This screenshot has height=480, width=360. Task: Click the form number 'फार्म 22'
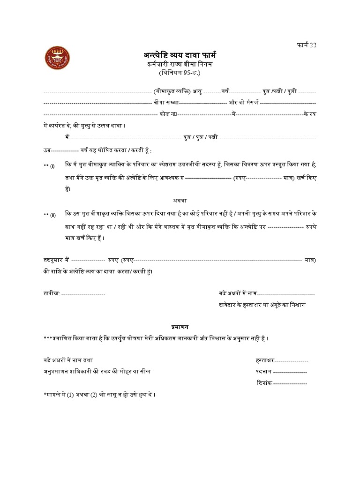pyautogui.click(x=304, y=45)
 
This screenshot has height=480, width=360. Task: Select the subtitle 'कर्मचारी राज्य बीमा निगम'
pyautogui.click(x=180, y=64)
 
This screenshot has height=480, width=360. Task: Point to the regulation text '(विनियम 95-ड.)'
pyautogui.click(x=180, y=73)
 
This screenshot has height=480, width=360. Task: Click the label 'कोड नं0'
pyautogui.click(x=167, y=114)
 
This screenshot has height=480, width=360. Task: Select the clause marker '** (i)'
pyautogui.click(x=49, y=166)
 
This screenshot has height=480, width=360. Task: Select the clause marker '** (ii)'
pyautogui.click(x=50, y=215)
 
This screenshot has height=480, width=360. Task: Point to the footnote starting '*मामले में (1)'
pyautogui.click(x=98, y=395)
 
